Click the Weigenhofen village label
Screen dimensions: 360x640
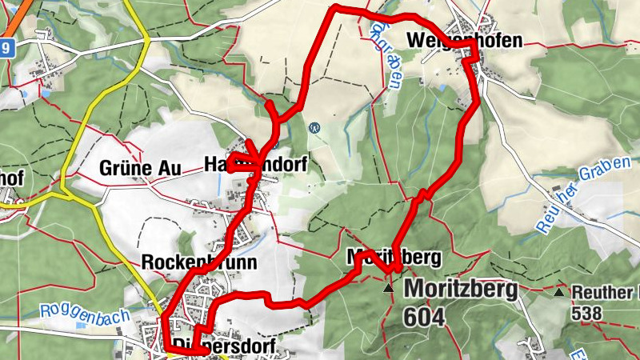coord(464,39)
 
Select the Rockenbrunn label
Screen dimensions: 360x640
coord(198,262)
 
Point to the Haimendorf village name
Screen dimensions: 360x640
coord(255,163)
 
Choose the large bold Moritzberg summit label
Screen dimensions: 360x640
coord(461,289)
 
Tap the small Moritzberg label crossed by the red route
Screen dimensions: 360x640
coord(394,258)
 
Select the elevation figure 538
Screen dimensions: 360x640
coord(586,314)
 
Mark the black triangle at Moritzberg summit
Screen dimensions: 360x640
coord(389,287)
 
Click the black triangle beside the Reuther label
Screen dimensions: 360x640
coord(559,292)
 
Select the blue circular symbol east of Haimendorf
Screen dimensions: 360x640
coord(315,126)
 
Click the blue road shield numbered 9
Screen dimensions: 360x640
coord(7,48)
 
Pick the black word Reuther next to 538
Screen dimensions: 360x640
coord(605,293)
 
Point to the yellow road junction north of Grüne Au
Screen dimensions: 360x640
coord(147,38)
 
